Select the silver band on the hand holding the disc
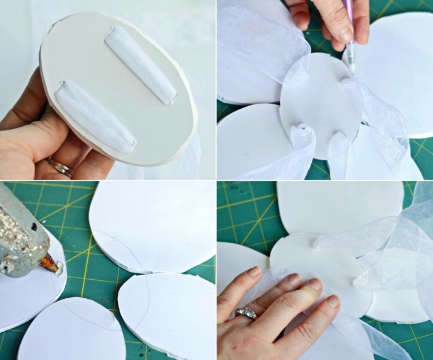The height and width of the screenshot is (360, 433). (61, 167)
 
